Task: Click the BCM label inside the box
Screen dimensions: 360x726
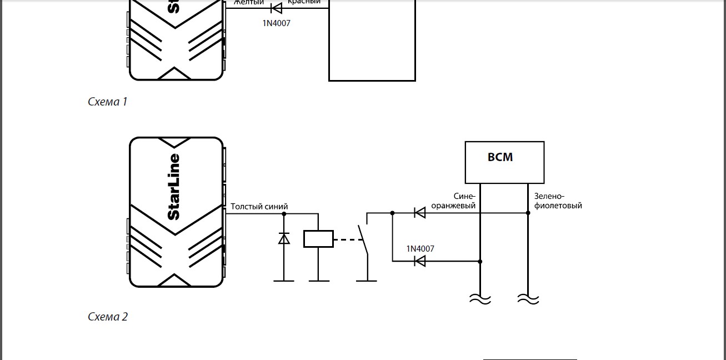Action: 500,157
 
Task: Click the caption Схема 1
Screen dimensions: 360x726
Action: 108,102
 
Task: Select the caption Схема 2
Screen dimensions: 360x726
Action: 108,317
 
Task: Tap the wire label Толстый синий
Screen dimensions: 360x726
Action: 259,207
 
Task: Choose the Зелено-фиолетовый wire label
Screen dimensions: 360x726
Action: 558,201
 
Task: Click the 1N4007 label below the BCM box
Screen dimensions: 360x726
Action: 420,248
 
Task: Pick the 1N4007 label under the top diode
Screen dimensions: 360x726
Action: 276,23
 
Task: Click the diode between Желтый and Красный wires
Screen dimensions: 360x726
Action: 276,8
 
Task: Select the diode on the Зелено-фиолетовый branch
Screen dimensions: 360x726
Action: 420,212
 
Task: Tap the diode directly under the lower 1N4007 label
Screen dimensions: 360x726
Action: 420,261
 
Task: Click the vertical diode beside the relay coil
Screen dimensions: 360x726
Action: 284,238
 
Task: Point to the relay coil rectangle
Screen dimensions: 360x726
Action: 318,239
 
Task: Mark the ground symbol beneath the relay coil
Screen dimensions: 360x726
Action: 318,281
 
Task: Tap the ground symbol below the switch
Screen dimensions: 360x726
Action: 366,281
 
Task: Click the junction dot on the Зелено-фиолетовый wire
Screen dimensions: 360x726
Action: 528,212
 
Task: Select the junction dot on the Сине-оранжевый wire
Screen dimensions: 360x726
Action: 480,261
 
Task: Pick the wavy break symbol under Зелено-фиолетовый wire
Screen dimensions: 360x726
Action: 528,299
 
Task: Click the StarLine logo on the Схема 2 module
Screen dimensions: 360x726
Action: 174,187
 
